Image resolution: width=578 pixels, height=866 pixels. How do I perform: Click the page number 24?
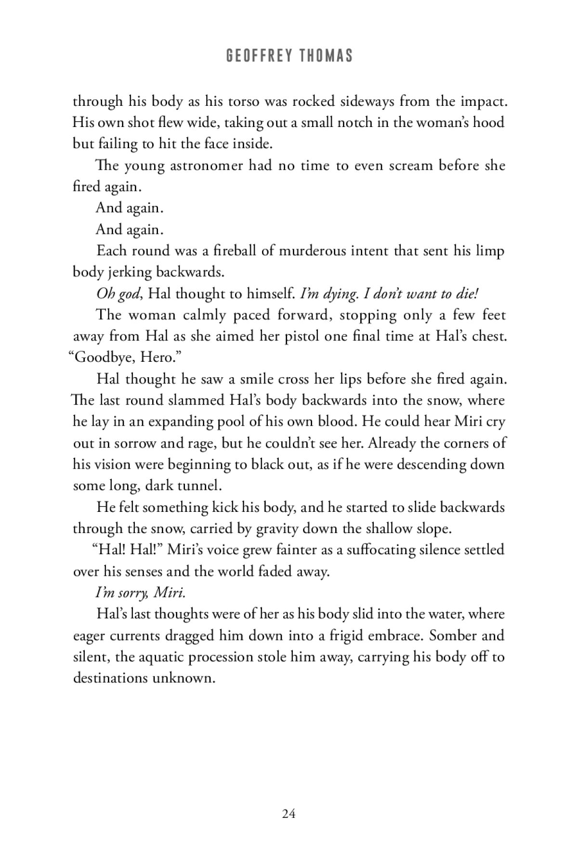point(289,813)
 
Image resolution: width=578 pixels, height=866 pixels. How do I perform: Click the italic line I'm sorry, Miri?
point(141,592)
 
